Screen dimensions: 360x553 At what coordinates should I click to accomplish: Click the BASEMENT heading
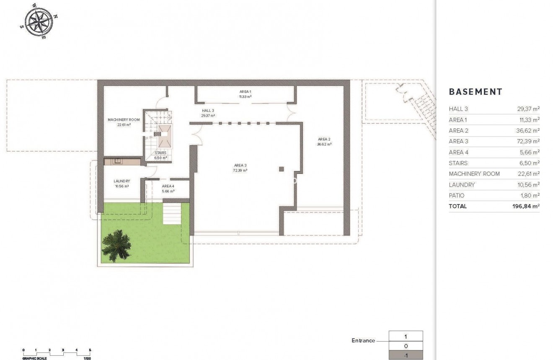pos(475,92)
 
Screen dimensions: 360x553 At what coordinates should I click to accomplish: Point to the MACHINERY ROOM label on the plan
pos(124,120)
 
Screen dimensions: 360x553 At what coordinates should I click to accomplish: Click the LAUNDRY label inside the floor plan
pos(121,181)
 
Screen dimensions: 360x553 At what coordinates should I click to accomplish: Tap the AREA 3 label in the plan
pos(240,165)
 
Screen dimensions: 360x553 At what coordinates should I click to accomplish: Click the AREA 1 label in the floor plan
pos(245,91)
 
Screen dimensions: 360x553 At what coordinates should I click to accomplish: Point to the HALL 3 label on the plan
pos(208,111)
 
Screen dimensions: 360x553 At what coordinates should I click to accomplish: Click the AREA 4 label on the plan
pos(168,186)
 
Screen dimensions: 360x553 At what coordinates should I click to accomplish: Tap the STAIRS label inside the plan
pos(160,153)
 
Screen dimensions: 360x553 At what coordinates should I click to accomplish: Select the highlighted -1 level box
pos(406,355)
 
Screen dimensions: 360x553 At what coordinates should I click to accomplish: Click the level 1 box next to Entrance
pos(406,336)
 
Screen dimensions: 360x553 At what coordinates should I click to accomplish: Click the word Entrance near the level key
pos(363,341)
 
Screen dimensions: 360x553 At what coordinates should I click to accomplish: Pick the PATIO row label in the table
pos(457,195)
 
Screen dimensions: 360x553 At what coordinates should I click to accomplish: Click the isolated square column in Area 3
pos(282,169)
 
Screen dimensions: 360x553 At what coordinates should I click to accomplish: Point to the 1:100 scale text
pos(87,358)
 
